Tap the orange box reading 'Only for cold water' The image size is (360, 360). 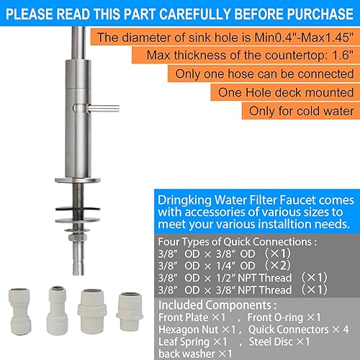pyautogui.click(x=301, y=111)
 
